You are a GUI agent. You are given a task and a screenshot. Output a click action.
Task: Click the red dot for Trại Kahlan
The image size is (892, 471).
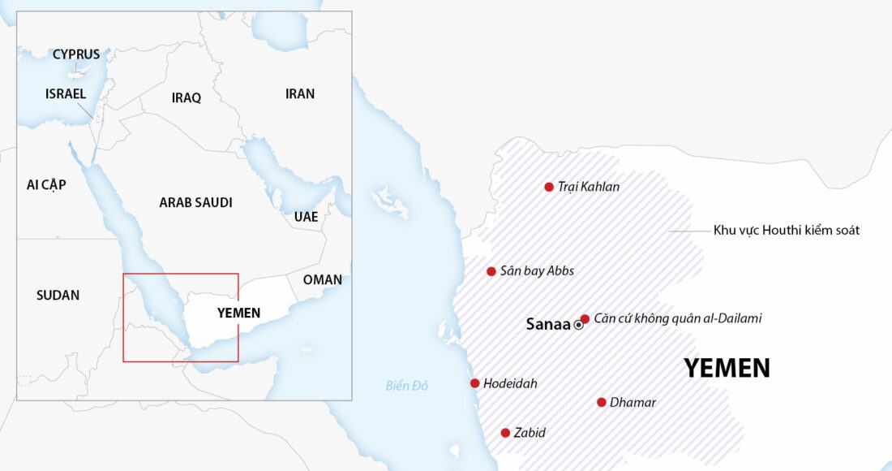tap(549, 187)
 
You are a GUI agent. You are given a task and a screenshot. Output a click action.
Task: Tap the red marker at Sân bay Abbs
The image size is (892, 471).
tap(491, 271)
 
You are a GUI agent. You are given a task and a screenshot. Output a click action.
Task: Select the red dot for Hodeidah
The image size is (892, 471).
tap(474, 383)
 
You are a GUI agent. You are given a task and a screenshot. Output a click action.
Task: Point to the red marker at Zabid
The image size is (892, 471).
tap(505, 433)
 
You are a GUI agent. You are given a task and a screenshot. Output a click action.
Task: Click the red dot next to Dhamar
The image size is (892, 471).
tap(602, 402)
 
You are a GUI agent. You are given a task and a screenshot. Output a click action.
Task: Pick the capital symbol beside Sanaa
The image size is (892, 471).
tap(578, 325)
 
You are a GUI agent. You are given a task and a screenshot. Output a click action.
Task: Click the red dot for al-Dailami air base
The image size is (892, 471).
tap(585, 318)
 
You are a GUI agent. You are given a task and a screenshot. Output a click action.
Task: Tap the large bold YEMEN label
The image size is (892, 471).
tap(727, 368)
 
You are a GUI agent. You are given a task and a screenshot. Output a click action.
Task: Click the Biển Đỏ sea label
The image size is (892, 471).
tap(407, 386)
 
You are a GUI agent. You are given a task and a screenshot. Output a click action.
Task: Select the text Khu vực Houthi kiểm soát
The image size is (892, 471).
tap(786, 231)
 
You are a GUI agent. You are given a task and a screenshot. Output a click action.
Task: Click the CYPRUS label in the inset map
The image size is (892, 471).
tap(76, 54)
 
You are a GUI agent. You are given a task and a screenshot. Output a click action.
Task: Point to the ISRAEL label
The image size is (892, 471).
tap(66, 93)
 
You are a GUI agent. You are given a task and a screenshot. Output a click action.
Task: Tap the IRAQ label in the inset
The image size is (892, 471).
tap(186, 97)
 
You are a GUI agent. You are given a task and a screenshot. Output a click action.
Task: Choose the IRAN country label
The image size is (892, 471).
tap(300, 93)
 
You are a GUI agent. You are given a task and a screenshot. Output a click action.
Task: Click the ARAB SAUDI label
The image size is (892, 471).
tap(195, 202)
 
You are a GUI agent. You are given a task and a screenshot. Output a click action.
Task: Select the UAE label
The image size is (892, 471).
tap(306, 217)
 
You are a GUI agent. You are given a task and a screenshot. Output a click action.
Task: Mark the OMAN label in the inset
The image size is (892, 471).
tap(322, 279)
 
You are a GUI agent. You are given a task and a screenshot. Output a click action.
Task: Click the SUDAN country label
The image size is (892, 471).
tap(58, 295)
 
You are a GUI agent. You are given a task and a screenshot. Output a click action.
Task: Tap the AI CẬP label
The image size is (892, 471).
tap(46, 184)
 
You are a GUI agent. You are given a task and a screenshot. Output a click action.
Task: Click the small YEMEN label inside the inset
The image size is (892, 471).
tap(238, 313)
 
